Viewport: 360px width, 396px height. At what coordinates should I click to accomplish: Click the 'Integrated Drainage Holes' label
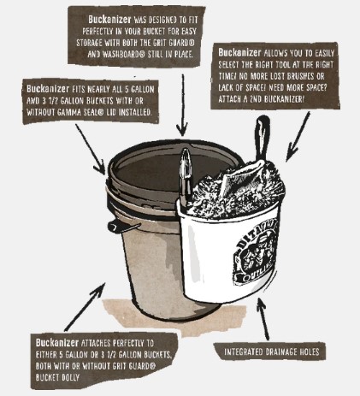tap(271, 352)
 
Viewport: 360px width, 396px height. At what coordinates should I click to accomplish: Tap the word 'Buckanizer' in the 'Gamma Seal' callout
tap(48, 89)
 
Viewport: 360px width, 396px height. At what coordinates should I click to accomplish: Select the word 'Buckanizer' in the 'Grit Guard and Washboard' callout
tap(109, 20)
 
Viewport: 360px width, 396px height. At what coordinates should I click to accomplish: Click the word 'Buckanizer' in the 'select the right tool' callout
tap(239, 52)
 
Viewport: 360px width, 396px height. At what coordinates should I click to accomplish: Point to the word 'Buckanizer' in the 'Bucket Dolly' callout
tap(57, 342)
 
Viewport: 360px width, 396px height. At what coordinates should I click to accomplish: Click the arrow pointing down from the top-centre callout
tap(182, 105)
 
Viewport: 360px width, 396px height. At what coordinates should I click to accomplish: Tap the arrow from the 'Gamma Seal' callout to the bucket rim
tap(91, 149)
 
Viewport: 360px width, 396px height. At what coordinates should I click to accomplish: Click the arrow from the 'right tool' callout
tap(298, 137)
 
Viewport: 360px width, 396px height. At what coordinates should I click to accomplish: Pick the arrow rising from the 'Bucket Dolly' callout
tap(85, 307)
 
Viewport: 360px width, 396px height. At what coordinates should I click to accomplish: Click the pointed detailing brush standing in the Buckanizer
tap(185, 177)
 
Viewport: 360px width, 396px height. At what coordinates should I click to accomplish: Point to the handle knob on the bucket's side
tap(113, 227)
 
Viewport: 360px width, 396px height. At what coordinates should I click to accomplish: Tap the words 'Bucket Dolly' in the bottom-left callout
tap(57, 377)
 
